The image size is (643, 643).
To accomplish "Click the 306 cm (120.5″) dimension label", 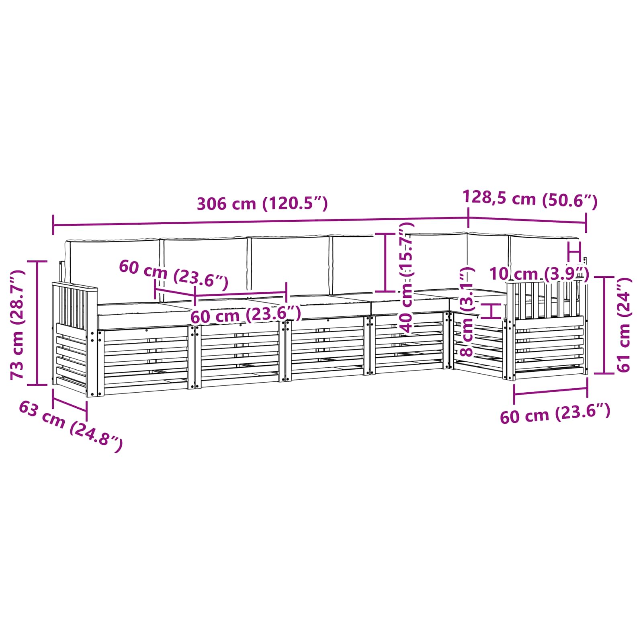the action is point(262,204).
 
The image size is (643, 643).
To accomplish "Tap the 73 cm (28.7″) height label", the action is point(18,325).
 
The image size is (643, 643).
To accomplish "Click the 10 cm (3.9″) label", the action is point(539,274).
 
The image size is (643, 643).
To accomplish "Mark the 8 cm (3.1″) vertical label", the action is point(467,311).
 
